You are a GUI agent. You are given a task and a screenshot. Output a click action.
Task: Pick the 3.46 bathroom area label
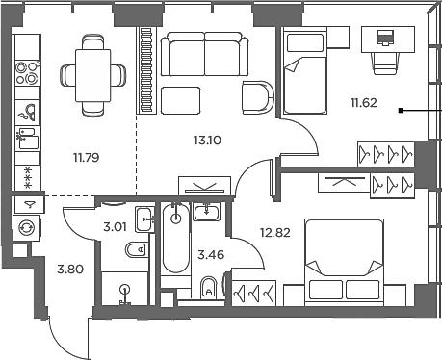point(210,255)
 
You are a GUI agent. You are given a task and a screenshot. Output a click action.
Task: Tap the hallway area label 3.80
point(70,270)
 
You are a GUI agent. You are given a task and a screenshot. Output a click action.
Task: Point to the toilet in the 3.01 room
point(136,252)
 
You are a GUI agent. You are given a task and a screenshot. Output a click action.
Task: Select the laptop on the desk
point(386,39)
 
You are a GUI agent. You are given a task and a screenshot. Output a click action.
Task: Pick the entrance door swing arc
point(60,332)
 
